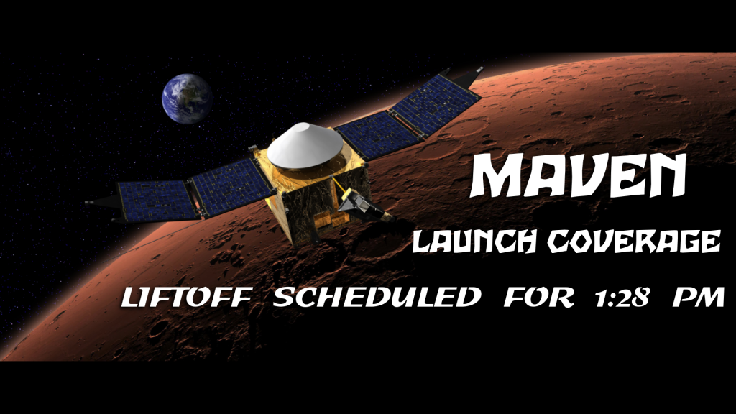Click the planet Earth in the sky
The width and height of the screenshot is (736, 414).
(186, 98)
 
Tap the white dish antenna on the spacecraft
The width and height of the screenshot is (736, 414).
(305, 144)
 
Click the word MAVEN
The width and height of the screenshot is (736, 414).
(578, 176)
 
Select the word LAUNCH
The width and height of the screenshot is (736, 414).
(474, 241)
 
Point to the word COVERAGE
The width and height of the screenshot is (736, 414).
(633, 241)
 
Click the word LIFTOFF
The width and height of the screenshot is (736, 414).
(187, 297)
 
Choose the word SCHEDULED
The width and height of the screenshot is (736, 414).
(377, 297)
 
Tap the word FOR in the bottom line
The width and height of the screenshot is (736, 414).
(539, 297)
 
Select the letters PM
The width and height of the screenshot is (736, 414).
(699, 297)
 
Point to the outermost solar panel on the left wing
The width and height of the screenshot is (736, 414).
(157, 201)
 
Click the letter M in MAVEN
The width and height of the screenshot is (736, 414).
(495, 176)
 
